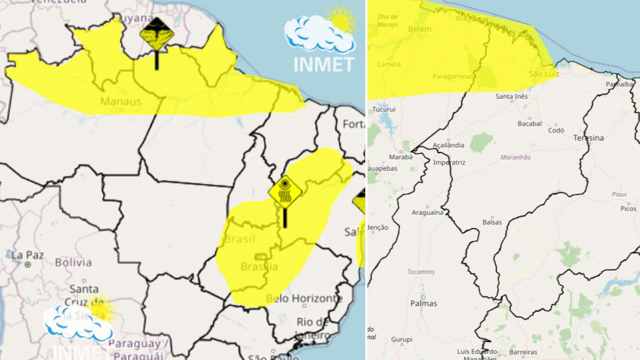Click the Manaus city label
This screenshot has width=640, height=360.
click(x=121, y=101)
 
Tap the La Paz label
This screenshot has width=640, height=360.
click(x=27, y=255)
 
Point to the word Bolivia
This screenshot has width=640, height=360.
click(x=73, y=263)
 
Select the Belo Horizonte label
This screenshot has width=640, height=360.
click(x=304, y=298)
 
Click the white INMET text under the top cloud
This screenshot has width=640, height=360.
click(x=323, y=65)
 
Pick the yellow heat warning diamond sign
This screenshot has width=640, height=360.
click(x=285, y=193)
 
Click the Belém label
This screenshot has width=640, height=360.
click(x=420, y=29)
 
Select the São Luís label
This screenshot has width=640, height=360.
click(x=544, y=74)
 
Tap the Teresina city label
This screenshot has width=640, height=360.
click(x=588, y=138)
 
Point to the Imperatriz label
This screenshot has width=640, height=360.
click(x=449, y=162)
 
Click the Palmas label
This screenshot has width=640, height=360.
click(x=424, y=303)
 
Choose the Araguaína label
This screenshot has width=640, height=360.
click(x=427, y=212)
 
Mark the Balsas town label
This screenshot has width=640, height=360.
click(x=492, y=222)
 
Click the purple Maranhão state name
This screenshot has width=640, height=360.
click(x=516, y=157)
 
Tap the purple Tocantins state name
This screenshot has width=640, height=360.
click(x=421, y=272)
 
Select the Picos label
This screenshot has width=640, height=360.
click(x=628, y=209)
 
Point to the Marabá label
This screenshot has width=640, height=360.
click(x=401, y=157)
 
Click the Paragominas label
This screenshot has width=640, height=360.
click(x=453, y=76)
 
